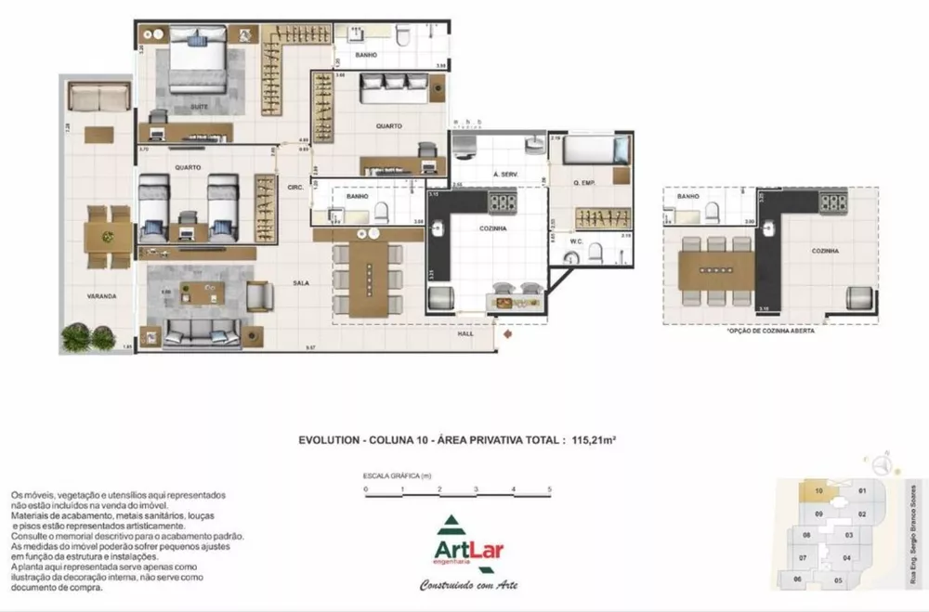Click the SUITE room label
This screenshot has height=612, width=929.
pyautogui.click(x=199, y=107)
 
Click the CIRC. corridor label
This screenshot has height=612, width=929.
pyautogui.click(x=296, y=187)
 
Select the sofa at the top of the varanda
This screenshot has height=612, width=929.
pyautogui.click(x=98, y=97)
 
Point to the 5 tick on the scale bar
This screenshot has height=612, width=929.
pyautogui.click(x=550, y=488)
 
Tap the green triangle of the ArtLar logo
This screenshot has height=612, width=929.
pyautogui.click(x=448, y=525)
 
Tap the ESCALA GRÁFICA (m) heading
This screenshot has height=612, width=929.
pyautogui.click(x=398, y=475)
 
